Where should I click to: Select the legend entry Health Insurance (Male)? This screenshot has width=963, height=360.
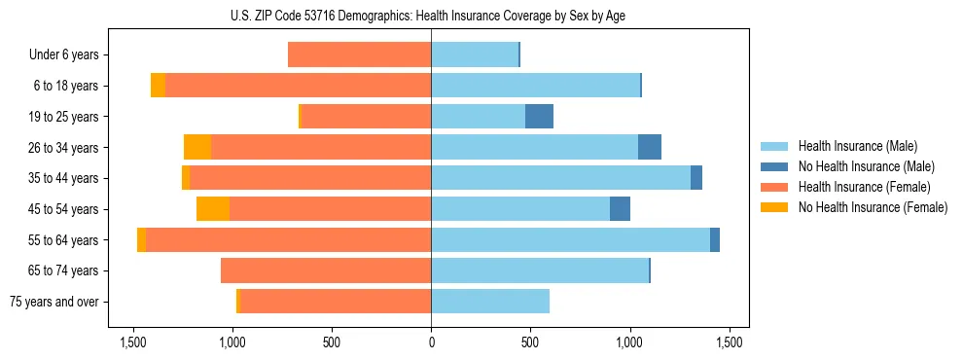click(857, 146)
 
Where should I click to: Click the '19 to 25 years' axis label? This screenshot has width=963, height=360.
click(60, 117)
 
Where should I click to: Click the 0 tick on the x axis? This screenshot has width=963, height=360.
click(431, 342)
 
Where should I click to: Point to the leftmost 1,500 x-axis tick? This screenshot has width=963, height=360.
click(133, 342)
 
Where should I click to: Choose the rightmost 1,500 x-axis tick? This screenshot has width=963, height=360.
click(730, 342)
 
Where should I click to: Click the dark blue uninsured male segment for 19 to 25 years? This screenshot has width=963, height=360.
click(539, 117)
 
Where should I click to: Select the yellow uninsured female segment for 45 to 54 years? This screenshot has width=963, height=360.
click(213, 209)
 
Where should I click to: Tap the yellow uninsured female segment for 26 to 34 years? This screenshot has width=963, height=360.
click(197, 147)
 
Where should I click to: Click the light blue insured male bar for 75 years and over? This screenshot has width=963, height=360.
click(490, 302)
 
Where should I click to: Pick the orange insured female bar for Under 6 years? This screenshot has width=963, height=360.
click(359, 55)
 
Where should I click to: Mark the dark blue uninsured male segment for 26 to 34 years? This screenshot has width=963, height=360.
click(650, 147)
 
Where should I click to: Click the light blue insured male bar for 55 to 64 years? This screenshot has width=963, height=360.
click(570, 239)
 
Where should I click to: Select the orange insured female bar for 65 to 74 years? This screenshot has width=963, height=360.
click(326, 270)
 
